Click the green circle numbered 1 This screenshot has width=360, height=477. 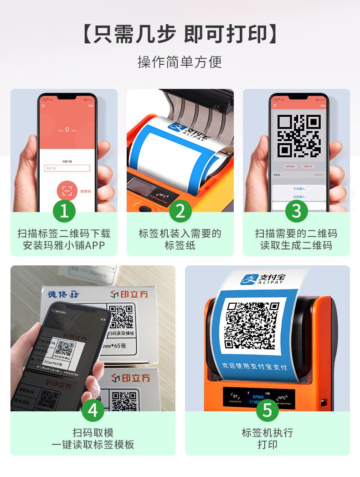[x=64, y=211]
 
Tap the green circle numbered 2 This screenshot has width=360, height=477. [x=180, y=211]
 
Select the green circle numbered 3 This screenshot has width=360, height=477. [x=296, y=211]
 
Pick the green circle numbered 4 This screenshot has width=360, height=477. [x=93, y=410]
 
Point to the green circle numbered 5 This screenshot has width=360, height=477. [x=267, y=410]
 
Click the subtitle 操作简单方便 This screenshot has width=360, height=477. [x=180, y=62]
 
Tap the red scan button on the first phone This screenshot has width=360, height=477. [x=67, y=191]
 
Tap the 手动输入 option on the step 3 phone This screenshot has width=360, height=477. [x=299, y=188]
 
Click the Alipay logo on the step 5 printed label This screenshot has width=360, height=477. [x=262, y=279]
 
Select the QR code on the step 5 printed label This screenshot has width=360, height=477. [x=253, y=326]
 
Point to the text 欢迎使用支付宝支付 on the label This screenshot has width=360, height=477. [x=254, y=367]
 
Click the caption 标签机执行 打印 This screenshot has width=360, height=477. [x=267, y=438]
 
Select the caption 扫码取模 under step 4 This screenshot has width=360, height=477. [x=93, y=433]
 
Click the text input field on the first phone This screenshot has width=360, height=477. [x=67, y=168]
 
